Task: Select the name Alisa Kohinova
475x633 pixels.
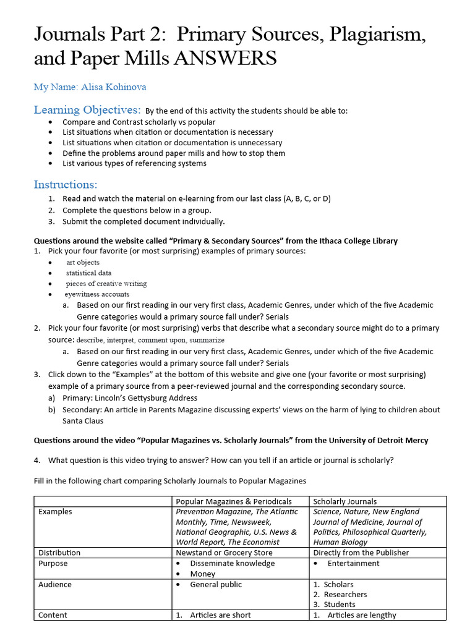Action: tap(113, 87)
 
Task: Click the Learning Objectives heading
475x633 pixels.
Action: tap(87, 110)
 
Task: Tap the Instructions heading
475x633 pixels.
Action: tap(66, 185)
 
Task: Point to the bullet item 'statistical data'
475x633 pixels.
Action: tap(89, 273)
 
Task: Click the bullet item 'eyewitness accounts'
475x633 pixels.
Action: tap(97, 294)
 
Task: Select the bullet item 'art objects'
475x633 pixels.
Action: tap(83, 262)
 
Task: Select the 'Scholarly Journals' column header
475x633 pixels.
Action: tap(344, 501)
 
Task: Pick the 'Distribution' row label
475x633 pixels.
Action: tap(59, 553)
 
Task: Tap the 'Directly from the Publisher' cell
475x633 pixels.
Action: tap(361, 553)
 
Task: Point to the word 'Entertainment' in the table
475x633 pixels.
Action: tap(353, 563)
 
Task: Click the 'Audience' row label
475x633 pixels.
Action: tap(55, 584)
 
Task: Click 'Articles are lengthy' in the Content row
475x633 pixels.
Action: tap(362, 615)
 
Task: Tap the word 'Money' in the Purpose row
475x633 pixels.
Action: tap(203, 574)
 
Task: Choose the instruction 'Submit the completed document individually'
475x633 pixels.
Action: tap(143, 221)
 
